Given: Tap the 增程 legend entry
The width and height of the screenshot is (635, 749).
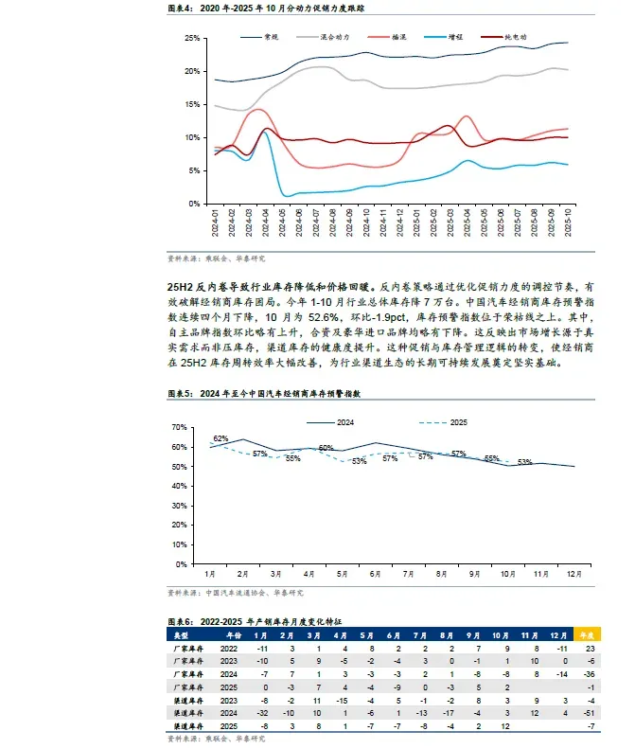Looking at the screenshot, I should tap(455, 36).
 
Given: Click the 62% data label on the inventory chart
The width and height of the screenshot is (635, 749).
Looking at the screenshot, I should tap(220, 438).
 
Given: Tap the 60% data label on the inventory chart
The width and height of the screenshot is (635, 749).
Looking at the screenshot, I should tap(326, 447).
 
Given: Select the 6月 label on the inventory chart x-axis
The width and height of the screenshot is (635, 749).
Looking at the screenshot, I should tap(375, 574).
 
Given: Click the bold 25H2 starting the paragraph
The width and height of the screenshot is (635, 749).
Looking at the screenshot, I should tap(183, 284).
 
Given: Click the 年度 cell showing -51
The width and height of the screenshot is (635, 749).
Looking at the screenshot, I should tap(588, 710).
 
